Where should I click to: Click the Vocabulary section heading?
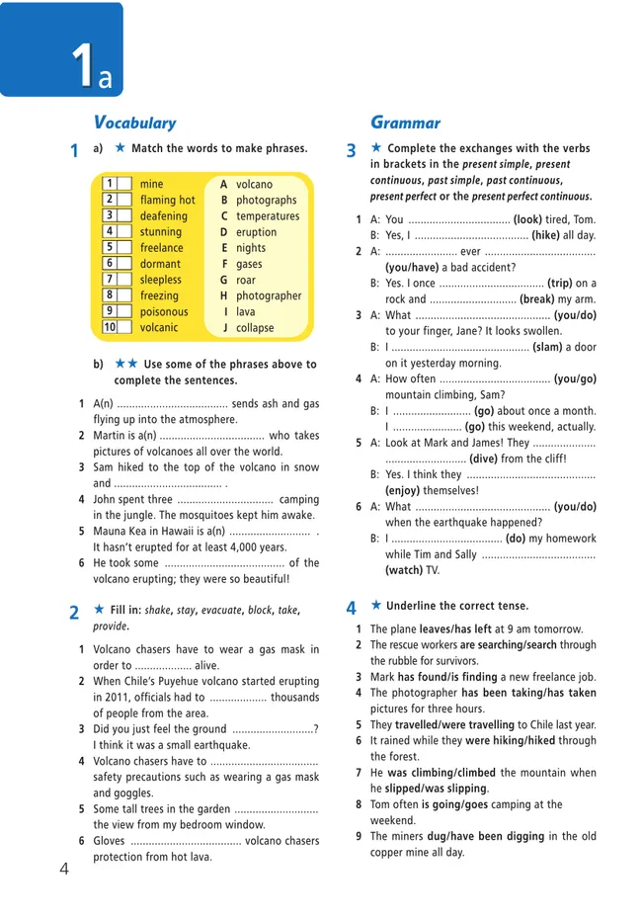pos(134,123)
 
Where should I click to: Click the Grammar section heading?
pos(405,123)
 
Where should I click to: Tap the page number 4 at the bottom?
pos(64,869)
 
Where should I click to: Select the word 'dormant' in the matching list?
pos(161,264)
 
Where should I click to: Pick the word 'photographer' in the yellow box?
pos(269,295)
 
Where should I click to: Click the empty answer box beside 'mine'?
pos(124,185)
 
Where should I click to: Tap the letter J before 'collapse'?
pos(224,328)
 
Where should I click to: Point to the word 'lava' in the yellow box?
pos(246,311)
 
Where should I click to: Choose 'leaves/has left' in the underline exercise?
pos(463,628)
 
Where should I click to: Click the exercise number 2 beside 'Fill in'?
pos(74,612)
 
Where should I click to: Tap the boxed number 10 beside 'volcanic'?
pos(110,327)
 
